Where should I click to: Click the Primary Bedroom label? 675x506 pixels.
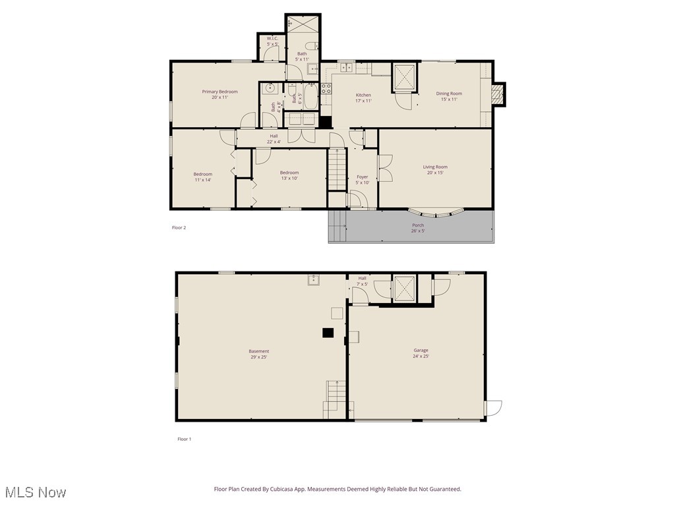tap(220, 94)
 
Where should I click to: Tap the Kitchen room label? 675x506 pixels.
tap(363, 98)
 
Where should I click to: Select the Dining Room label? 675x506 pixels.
tap(449, 96)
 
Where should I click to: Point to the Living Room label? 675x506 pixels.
tap(435, 169)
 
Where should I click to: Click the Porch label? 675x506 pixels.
tap(418, 228)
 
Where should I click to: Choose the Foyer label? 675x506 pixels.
tap(362, 179)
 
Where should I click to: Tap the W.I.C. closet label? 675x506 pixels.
tap(272, 41)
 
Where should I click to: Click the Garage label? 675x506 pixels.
tap(421, 353)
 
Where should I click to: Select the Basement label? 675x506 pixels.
tap(258, 354)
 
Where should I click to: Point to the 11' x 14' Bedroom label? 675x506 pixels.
tap(202, 177)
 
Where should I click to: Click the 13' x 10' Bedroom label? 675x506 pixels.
tap(289, 175)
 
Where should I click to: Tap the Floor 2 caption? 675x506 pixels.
tap(179, 228)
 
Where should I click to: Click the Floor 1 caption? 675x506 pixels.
tap(184, 439)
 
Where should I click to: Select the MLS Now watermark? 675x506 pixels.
tap(36, 492)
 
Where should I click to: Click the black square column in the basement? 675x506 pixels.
tap(328, 333)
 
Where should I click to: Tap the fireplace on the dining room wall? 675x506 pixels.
tap(499, 94)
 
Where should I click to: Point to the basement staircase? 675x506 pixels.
tap(336, 399)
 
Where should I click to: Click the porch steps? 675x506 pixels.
tap(337, 226)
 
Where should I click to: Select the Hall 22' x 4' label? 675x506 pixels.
tap(274, 138)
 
